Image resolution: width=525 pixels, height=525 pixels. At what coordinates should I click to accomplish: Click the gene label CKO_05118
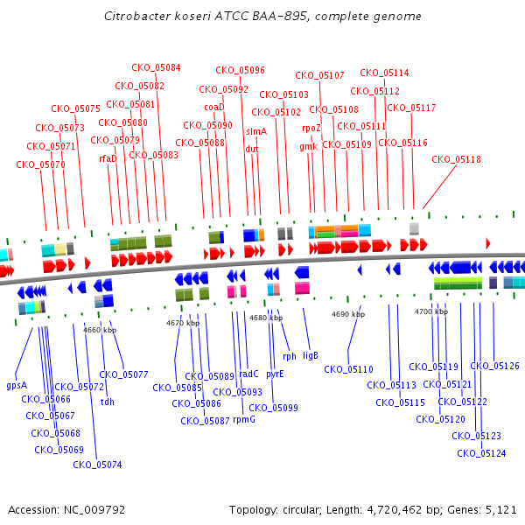tap(456, 159)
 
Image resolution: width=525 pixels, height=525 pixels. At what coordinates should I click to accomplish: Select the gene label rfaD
tap(108, 158)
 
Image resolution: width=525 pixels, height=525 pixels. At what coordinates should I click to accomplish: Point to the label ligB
tap(310, 355)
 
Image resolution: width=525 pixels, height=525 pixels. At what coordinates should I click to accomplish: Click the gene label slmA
tap(256, 131)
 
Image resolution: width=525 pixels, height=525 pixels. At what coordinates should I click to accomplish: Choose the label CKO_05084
tap(157, 67)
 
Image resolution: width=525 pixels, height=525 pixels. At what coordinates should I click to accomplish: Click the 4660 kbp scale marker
tap(100, 330)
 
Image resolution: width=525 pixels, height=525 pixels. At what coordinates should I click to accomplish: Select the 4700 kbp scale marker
tap(430, 311)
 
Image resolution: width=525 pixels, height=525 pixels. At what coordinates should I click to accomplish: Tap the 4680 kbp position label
tap(266, 318)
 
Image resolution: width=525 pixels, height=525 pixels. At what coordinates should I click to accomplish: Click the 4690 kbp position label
tap(347, 313)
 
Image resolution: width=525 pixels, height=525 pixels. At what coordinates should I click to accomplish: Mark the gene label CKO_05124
tap(481, 453)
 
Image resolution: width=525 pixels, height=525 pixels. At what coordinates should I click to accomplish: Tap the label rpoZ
tap(311, 128)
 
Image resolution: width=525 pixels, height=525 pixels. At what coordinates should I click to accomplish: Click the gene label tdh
tap(108, 402)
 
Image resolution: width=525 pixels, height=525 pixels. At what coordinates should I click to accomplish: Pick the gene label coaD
tap(214, 107)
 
